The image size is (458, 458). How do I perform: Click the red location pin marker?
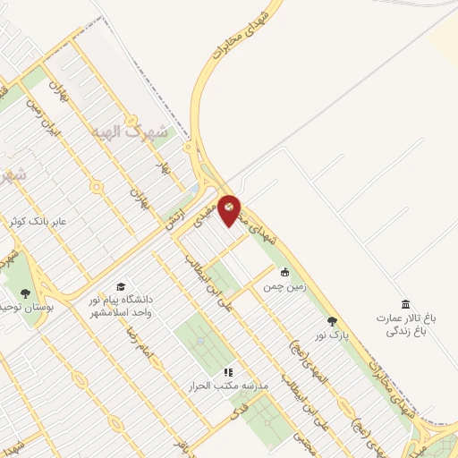click(x=229, y=208)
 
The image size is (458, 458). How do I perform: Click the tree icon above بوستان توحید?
click(x=24, y=293)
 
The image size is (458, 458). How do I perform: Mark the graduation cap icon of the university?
click(x=121, y=286)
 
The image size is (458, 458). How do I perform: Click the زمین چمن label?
click(x=284, y=288)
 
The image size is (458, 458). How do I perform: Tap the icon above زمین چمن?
click(x=285, y=273)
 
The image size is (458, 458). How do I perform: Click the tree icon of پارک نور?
click(x=333, y=321)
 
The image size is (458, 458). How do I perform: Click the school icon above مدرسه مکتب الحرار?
click(x=228, y=371)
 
